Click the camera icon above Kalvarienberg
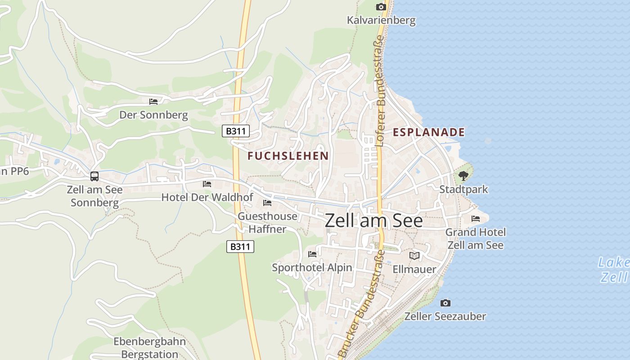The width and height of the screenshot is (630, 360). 381,7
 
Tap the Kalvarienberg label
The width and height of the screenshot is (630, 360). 381,20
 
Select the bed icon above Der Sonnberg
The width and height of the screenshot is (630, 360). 153,102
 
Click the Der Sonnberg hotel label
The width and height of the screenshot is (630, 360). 153,115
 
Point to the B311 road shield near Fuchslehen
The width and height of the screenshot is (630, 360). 236,131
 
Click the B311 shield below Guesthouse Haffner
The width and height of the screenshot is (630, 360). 240,247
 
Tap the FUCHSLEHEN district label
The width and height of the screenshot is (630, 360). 288,156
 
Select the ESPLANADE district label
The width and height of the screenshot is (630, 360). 428,132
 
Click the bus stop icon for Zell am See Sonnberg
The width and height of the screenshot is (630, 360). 94,176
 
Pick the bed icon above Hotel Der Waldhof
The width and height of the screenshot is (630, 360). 207,184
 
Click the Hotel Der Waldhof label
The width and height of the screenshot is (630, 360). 207,197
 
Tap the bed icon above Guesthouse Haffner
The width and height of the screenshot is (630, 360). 267,203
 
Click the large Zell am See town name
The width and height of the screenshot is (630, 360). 373,220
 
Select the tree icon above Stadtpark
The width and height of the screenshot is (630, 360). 463,176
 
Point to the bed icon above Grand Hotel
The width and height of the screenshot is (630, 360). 476,219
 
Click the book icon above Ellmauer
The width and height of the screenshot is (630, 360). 414,256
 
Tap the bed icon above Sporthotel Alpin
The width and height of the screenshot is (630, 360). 312,254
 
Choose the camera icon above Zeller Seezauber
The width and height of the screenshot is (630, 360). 445,303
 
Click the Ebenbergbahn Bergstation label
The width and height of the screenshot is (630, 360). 149,347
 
